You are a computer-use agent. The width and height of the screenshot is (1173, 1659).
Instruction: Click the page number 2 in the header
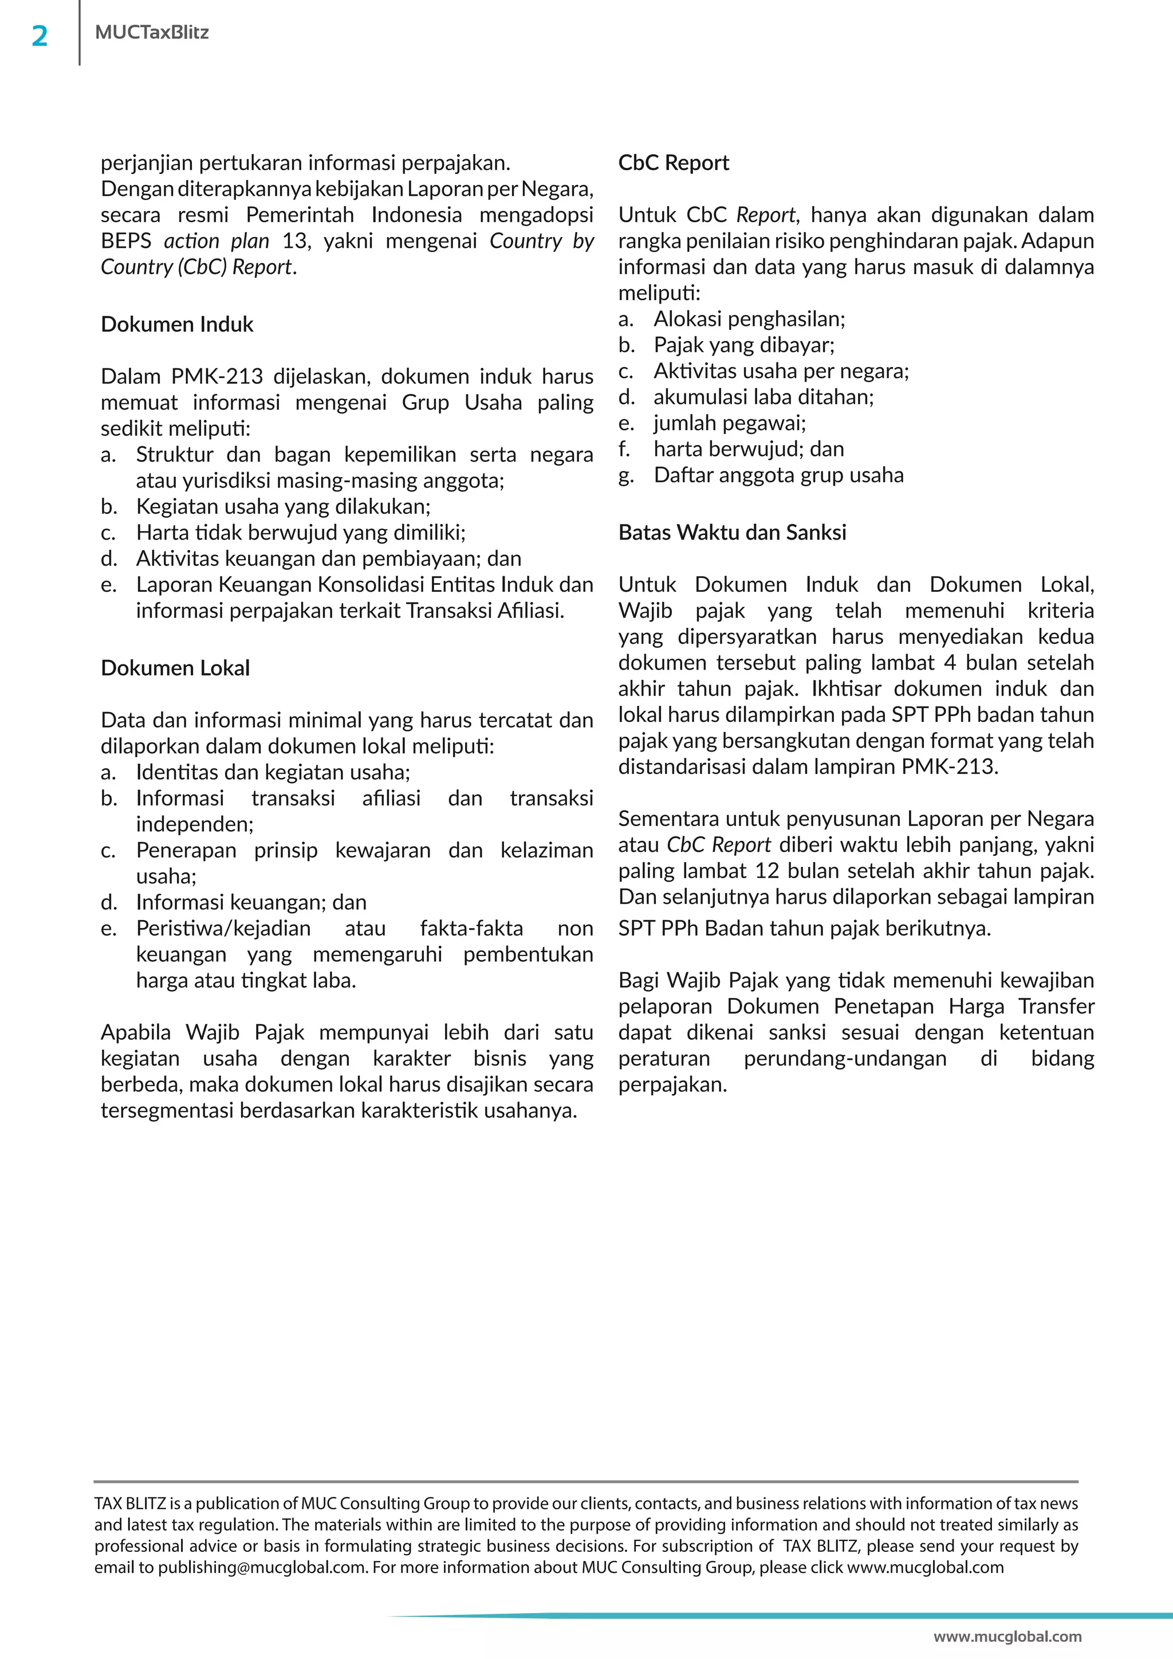(x=40, y=36)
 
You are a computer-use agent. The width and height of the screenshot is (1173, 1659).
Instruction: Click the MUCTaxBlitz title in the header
(x=152, y=33)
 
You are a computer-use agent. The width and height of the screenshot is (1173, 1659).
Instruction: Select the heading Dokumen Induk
(x=177, y=324)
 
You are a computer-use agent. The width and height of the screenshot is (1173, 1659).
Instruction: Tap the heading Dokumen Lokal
(x=175, y=669)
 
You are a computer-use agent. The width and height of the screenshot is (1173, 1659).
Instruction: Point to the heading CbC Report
(x=673, y=163)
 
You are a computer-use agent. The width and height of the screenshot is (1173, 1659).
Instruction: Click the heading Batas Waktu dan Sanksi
(x=731, y=533)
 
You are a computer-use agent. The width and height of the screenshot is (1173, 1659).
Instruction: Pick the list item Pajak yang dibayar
(x=743, y=345)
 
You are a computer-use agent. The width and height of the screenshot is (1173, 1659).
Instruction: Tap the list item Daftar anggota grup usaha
(x=778, y=475)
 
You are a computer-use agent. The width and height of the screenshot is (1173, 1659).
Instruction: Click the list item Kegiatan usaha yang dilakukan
(x=282, y=506)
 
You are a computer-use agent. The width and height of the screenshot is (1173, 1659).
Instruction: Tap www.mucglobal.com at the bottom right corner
(x=1007, y=1637)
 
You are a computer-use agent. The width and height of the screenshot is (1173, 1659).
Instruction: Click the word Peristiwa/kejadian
(x=223, y=929)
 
